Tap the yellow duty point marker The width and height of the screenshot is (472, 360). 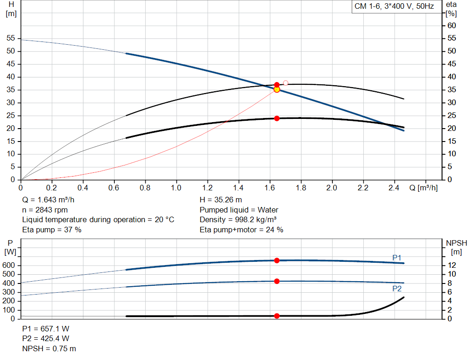[x=277, y=89]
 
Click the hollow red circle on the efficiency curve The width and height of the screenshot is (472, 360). [x=286, y=83]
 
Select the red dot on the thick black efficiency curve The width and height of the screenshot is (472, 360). [x=277, y=118]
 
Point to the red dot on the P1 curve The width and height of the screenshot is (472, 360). [x=277, y=260]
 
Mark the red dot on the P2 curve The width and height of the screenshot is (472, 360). [x=277, y=281]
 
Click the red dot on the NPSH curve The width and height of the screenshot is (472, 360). [x=277, y=316]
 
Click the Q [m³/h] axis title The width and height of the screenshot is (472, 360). [x=424, y=188]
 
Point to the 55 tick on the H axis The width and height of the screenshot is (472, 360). [x=11, y=38]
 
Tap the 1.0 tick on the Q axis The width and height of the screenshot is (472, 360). [x=176, y=188]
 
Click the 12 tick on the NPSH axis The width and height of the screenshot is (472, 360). [x=453, y=266]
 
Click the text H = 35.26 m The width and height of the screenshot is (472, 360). [x=221, y=200]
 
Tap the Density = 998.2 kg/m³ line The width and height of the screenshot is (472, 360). [x=238, y=219]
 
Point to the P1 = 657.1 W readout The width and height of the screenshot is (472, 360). [x=46, y=329]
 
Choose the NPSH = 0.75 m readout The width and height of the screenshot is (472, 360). [x=49, y=348]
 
